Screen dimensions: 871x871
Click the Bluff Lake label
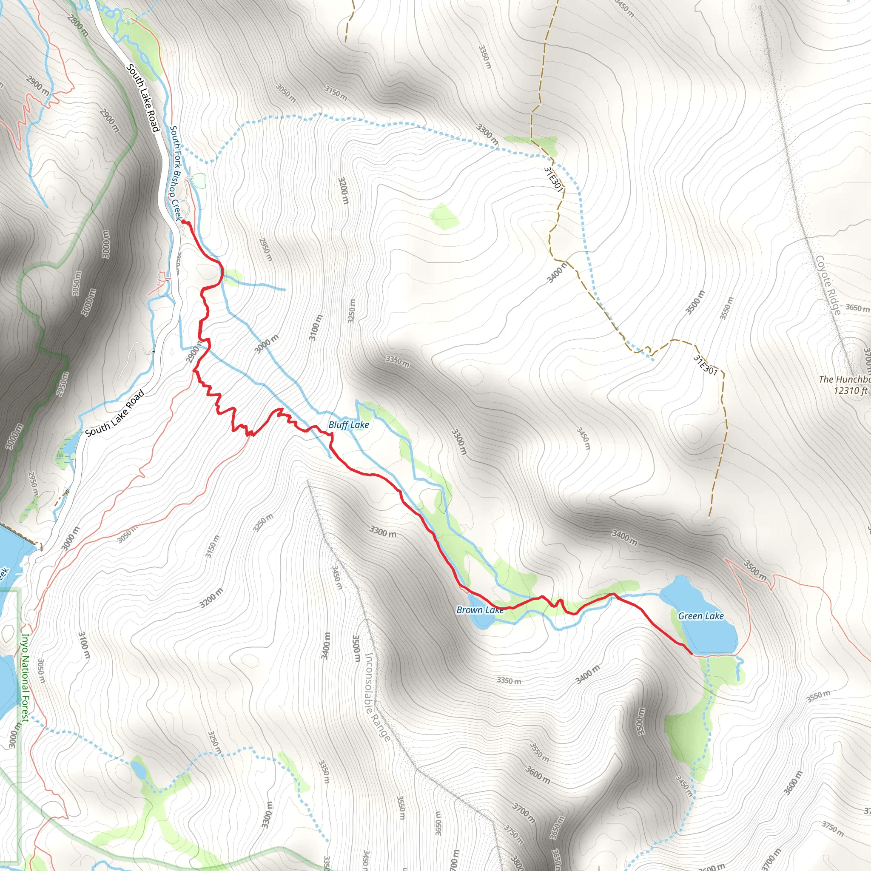(x=348, y=425)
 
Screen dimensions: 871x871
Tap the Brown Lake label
(x=480, y=610)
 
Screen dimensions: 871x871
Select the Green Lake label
(x=700, y=616)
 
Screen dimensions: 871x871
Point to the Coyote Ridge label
(x=828, y=286)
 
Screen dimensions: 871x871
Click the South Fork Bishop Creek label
(x=176, y=173)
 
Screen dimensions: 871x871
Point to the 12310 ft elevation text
(x=850, y=390)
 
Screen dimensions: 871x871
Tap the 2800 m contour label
(x=77, y=25)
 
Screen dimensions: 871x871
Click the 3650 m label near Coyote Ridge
(x=857, y=308)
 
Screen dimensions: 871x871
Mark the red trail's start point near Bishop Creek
(x=183, y=221)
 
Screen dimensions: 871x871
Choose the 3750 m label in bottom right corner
(x=832, y=828)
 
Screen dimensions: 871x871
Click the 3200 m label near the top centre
(x=343, y=191)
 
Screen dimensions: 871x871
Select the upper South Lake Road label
(x=143, y=98)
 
